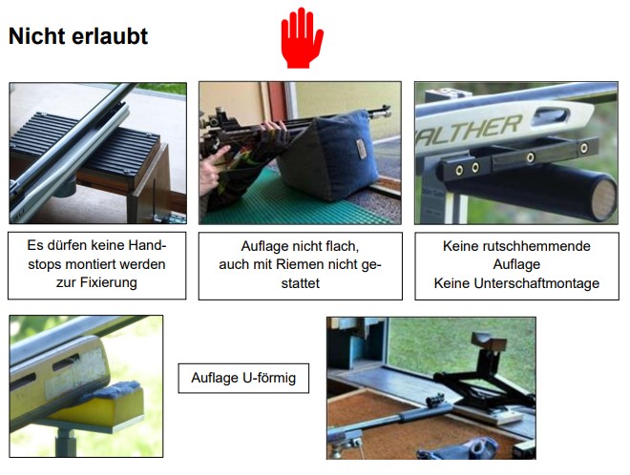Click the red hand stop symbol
coord(302,38)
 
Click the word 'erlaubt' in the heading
coord(111,36)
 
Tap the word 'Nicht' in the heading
coord(37,36)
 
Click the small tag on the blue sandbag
coord(361,149)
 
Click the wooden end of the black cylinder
coord(604,199)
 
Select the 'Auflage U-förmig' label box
coord(243,378)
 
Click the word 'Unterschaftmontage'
coord(536,283)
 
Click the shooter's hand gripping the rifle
coord(272,130)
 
